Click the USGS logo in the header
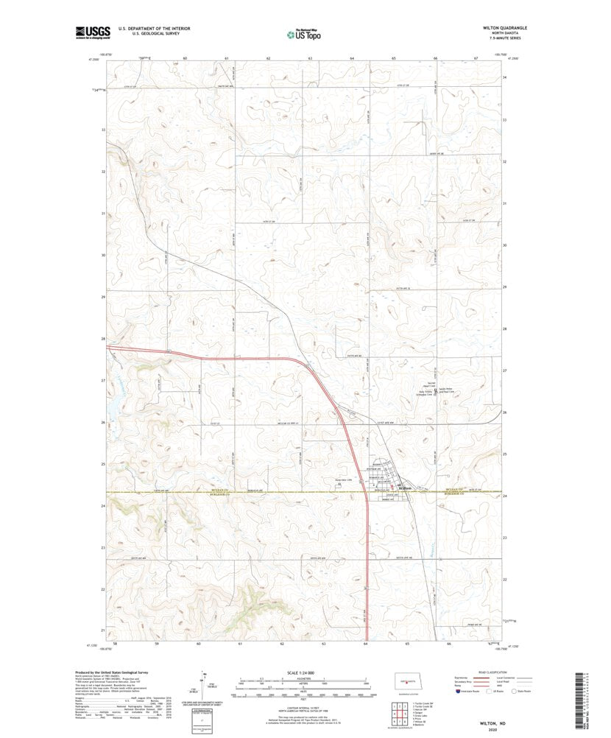[92, 32]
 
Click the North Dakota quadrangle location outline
[403, 680]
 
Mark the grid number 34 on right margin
[504, 77]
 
